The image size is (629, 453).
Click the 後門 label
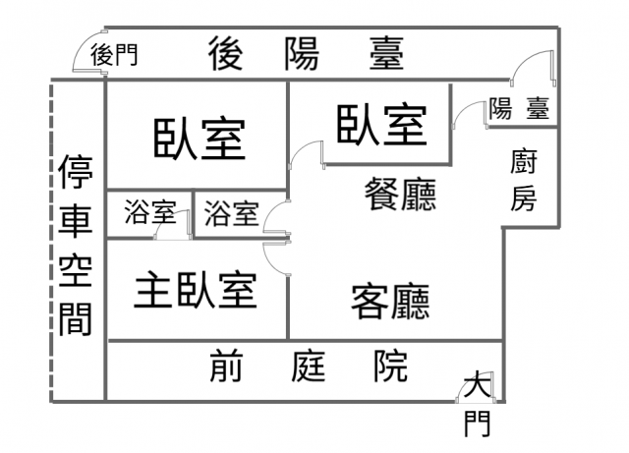[114, 54]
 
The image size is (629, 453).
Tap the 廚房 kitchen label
[524, 180]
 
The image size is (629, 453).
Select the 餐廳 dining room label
[400, 194]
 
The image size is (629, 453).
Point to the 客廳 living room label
[390, 301]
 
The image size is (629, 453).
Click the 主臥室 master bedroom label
[196, 289]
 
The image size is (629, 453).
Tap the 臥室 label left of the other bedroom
[199, 139]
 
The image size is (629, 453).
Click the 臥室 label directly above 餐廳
[382, 124]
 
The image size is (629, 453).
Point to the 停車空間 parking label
[76, 246]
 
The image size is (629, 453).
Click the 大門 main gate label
[477, 403]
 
